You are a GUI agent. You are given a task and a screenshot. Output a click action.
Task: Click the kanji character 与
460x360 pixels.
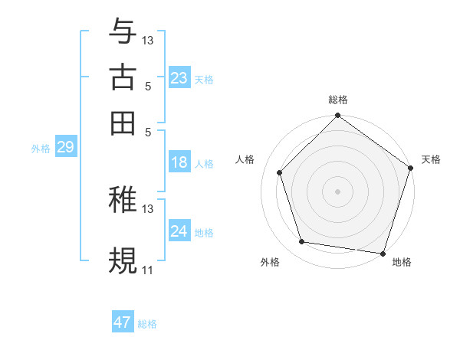(x=123, y=31)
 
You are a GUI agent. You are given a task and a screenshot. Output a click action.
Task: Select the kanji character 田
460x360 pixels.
(x=123, y=122)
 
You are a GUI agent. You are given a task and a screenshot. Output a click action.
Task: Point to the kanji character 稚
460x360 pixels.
(x=123, y=200)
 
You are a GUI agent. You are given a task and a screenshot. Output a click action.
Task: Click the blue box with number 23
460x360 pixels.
(x=179, y=78)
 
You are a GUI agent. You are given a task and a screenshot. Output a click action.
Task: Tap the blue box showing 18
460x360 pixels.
(x=179, y=162)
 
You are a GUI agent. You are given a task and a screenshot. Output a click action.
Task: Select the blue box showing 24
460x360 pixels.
(x=179, y=231)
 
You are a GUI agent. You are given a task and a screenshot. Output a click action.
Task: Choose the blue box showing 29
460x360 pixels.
(x=65, y=147)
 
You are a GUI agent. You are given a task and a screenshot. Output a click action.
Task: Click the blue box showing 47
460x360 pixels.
(x=123, y=322)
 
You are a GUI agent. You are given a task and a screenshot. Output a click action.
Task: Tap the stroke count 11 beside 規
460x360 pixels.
(x=147, y=270)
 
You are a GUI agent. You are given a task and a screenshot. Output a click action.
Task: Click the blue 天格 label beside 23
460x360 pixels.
(x=203, y=80)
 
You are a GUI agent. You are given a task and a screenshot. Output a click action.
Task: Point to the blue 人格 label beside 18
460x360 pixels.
(x=203, y=164)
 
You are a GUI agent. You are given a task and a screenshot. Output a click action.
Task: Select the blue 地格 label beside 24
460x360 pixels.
(x=203, y=233)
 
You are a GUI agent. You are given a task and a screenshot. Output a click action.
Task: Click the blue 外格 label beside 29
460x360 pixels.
(x=41, y=149)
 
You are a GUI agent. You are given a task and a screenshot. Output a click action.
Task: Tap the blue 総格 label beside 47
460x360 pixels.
(x=147, y=324)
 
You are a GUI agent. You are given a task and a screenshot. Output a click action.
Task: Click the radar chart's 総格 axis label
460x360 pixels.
(x=337, y=100)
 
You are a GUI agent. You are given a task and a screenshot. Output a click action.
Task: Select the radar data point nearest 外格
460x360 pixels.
(x=302, y=242)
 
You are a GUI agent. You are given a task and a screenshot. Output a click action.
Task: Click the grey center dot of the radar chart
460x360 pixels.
(x=337, y=191)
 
